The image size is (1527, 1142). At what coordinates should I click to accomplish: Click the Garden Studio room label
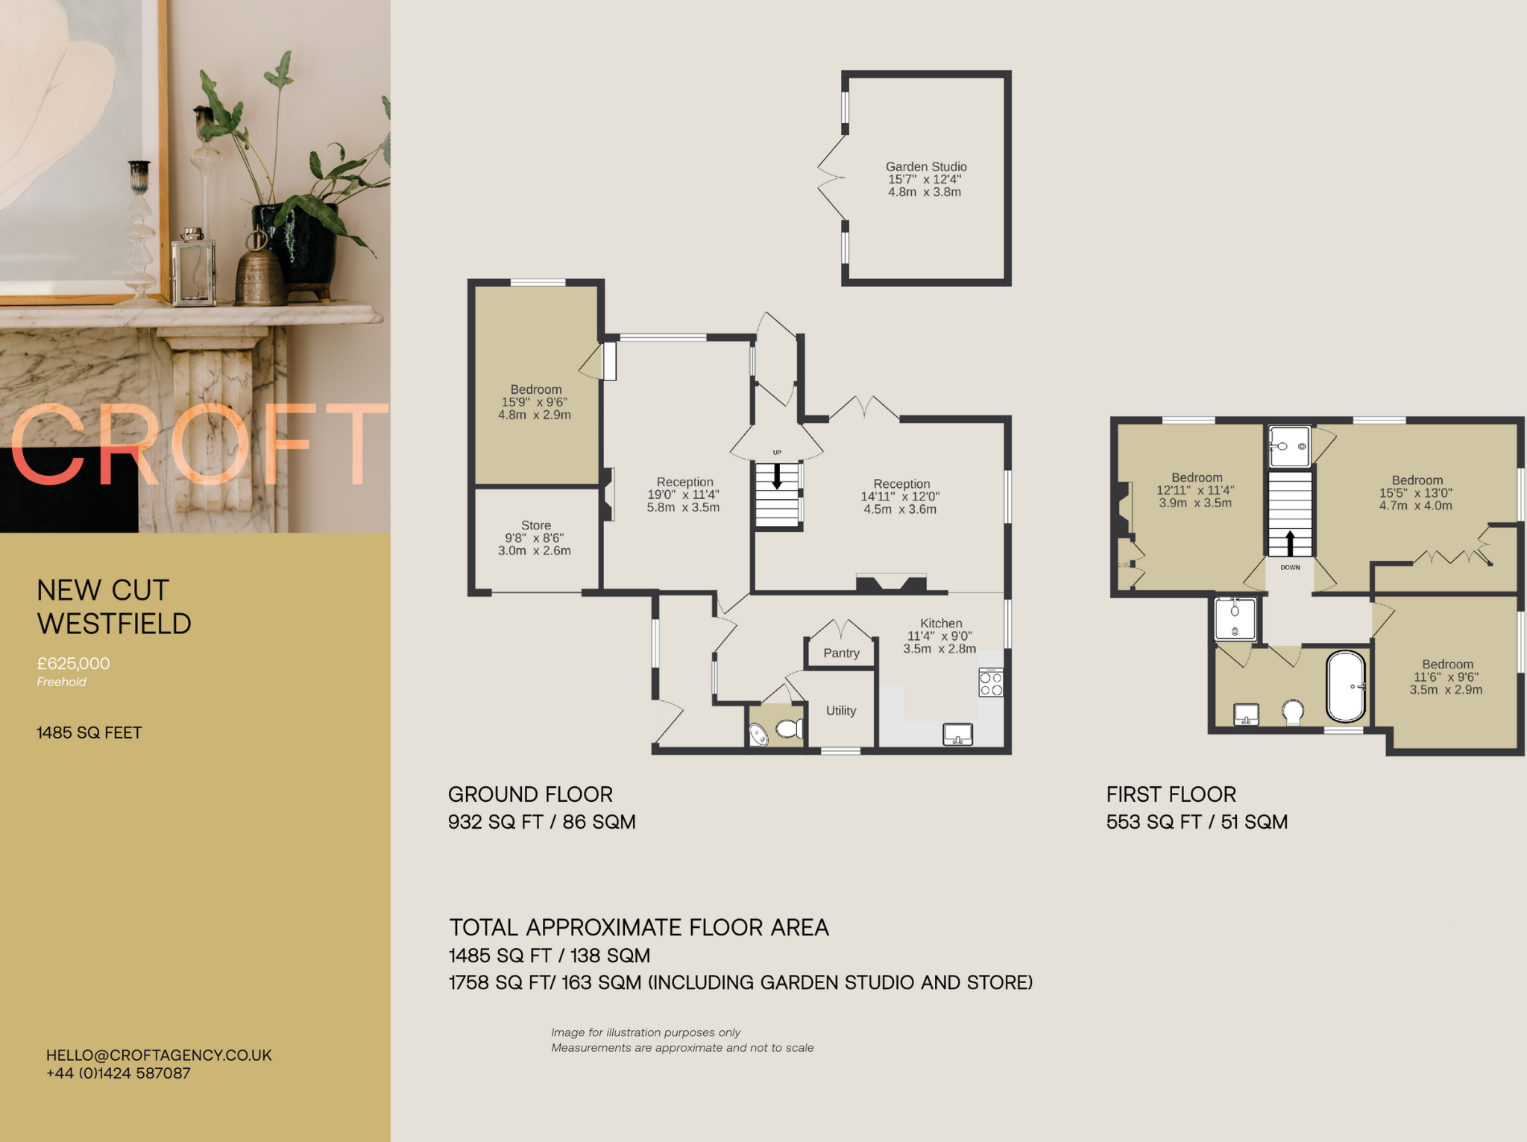click(x=926, y=166)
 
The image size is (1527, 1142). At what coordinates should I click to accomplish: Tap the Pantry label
click(x=841, y=653)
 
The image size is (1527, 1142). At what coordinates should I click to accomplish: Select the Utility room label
click(x=840, y=710)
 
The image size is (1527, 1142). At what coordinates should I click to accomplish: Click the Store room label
click(x=535, y=525)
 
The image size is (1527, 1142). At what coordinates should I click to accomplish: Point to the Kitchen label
click(x=941, y=623)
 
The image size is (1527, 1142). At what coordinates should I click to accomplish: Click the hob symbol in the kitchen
click(x=991, y=683)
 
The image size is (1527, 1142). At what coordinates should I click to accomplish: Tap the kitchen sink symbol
click(x=958, y=734)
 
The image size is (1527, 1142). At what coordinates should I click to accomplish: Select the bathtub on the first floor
click(x=1346, y=686)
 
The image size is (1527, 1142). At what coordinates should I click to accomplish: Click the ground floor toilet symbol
click(x=790, y=727)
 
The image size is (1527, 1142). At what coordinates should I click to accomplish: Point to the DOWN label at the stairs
click(x=1290, y=568)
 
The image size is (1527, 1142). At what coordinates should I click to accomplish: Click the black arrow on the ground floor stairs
click(x=777, y=477)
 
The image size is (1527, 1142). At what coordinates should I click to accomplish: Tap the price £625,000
click(x=73, y=663)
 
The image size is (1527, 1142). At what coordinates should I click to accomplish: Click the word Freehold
click(x=61, y=682)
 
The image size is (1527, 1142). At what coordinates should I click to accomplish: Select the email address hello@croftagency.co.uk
click(x=159, y=1055)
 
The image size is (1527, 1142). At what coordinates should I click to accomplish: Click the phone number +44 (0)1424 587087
click(x=119, y=1073)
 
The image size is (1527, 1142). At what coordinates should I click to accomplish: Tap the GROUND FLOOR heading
click(x=530, y=794)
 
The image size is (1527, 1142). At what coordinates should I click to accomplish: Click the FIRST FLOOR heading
click(x=1171, y=794)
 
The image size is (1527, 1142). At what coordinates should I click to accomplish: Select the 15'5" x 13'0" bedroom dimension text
click(x=1415, y=493)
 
